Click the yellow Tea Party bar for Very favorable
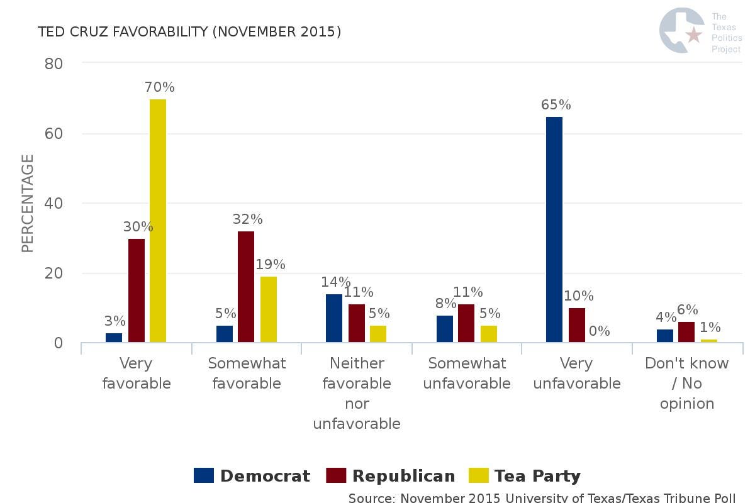point(158,221)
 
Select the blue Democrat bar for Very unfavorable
point(554,229)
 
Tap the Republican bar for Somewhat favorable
point(246,287)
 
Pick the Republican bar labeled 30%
point(137,290)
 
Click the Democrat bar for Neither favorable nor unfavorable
point(334,318)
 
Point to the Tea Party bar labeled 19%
point(269,309)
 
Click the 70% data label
point(159,87)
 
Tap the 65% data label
point(556,105)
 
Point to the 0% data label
point(599,331)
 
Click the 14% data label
point(334,282)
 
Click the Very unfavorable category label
point(577,373)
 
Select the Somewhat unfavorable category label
point(467,373)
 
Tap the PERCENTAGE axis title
point(27,204)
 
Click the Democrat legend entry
point(252,476)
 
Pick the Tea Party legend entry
point(526,476)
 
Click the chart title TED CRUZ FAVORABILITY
point(189,31)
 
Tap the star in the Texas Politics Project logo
point(694,35)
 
